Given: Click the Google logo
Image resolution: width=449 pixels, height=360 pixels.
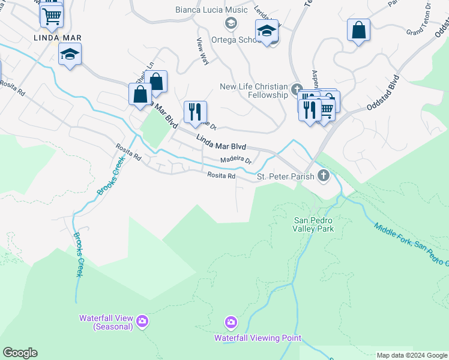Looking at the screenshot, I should pos(20,353).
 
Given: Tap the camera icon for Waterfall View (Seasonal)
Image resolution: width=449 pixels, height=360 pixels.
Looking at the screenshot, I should pos(142,322).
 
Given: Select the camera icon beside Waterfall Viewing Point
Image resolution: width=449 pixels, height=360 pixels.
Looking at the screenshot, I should pos(231,323).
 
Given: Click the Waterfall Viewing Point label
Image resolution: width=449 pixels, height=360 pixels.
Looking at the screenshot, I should pos(258,338).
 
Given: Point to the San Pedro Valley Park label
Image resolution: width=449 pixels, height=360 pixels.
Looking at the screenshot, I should pos(313,224).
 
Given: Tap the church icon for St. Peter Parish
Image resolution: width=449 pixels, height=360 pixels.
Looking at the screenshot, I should pos(324,176).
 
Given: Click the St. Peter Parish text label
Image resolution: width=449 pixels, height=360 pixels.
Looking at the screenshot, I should pos(285,176).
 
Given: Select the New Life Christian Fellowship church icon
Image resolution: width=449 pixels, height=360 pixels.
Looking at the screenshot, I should pos(296,91).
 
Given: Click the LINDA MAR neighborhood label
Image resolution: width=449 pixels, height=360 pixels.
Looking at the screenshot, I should pos(58,38).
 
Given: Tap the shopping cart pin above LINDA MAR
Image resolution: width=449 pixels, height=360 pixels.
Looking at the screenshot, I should pos(52,16).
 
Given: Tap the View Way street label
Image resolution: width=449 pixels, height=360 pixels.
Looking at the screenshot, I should pos(203,51).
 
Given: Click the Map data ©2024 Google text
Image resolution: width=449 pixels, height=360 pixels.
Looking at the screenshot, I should pos(412,355).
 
